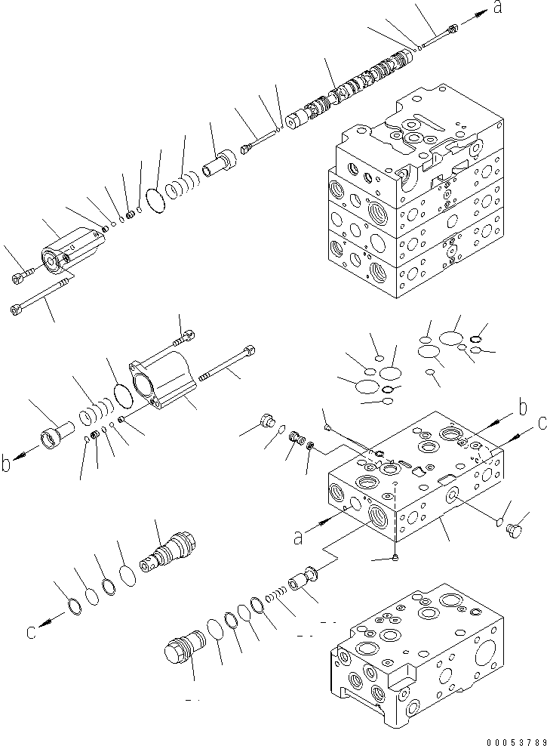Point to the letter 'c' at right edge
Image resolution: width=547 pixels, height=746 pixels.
541,424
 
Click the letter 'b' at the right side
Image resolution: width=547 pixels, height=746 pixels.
521,409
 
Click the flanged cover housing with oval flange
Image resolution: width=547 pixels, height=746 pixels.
164,381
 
